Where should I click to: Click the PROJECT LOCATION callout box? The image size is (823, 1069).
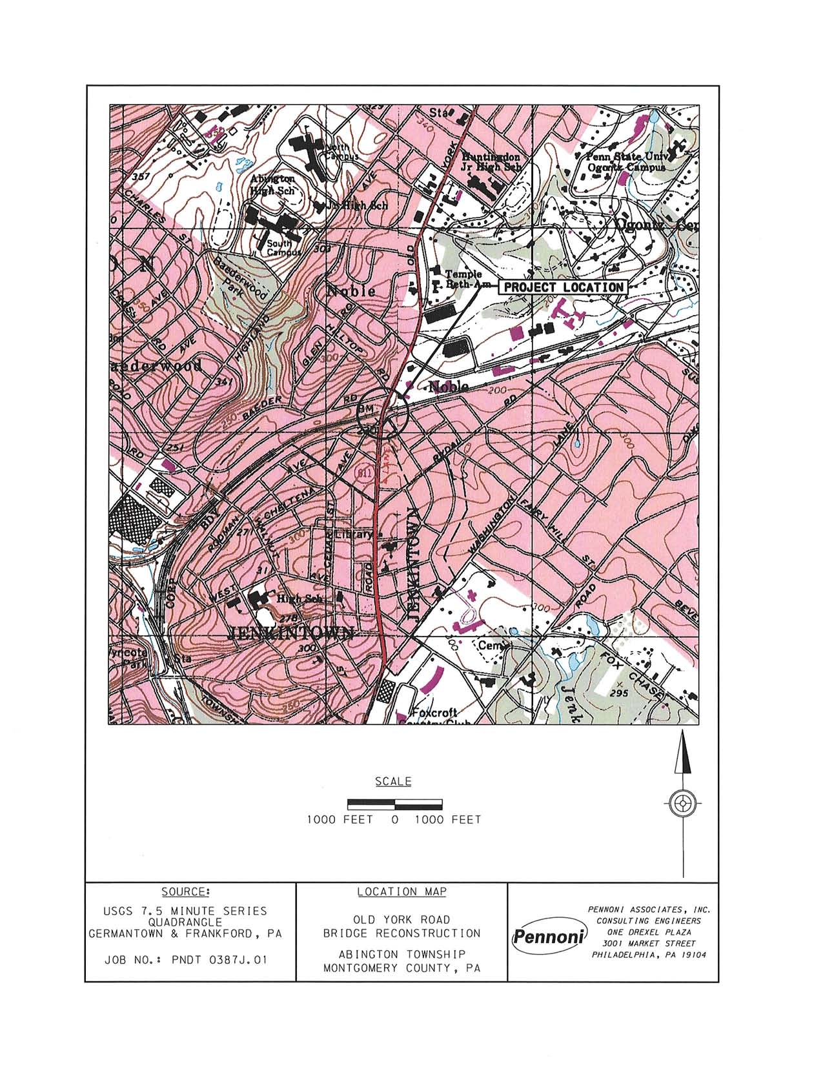coord(563,287)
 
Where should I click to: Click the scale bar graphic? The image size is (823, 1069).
coord(394,804)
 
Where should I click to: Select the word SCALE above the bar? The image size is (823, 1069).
coord(393,782)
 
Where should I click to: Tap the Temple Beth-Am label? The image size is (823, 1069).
coord(459,279)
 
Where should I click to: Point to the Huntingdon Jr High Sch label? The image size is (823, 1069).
coord(491,161)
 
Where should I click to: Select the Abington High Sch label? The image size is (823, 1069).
coord(273,184)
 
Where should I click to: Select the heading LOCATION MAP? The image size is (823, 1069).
coord(401,891)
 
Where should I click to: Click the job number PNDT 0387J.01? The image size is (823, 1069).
coord(185,960)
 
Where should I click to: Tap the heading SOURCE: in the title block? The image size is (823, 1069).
coord(185,891)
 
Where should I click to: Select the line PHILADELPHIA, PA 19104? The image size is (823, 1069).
coord(648,956)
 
